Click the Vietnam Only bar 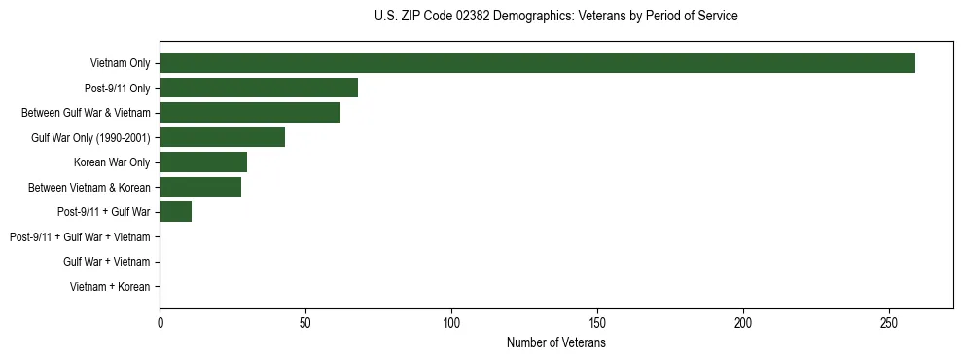537,63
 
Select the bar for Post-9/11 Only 259,88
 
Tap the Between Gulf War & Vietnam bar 250,113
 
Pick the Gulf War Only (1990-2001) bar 222,137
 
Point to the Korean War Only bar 203,162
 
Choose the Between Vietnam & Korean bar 200,187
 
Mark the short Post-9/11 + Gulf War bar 175,212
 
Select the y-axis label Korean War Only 112,162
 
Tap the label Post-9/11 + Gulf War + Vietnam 80,237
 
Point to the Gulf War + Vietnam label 106,262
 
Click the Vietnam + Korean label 110,287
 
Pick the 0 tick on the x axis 160,323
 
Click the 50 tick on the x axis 305,323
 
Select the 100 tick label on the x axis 451,323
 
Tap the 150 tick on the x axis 597,323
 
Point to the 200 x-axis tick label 743,323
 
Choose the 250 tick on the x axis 889,323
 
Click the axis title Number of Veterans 555,342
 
